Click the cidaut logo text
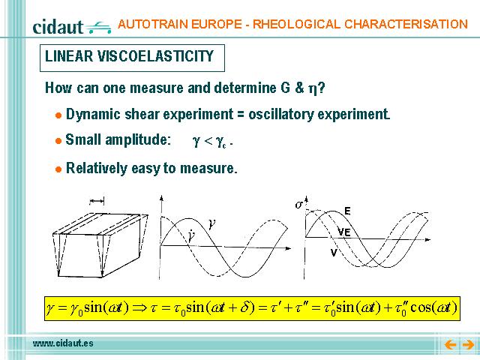tap(58, 27)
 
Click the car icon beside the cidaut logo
tap(98, 28)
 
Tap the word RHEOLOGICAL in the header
tap(296, 24)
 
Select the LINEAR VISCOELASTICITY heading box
tap(132, 58)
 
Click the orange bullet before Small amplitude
tap(58, 141)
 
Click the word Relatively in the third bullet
tap(97, 168)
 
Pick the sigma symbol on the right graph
tap(299, 204)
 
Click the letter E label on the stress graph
tap(347, 211)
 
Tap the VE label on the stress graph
tap(344, 232)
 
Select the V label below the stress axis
tap(334, 253)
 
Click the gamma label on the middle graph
tap(211, 224)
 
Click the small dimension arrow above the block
tap(97, 201)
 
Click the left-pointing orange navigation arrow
tap(450, 345)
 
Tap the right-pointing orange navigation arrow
tap(468, 345)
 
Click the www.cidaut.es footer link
tap(63, 343)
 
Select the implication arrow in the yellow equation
tap(140, 307)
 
